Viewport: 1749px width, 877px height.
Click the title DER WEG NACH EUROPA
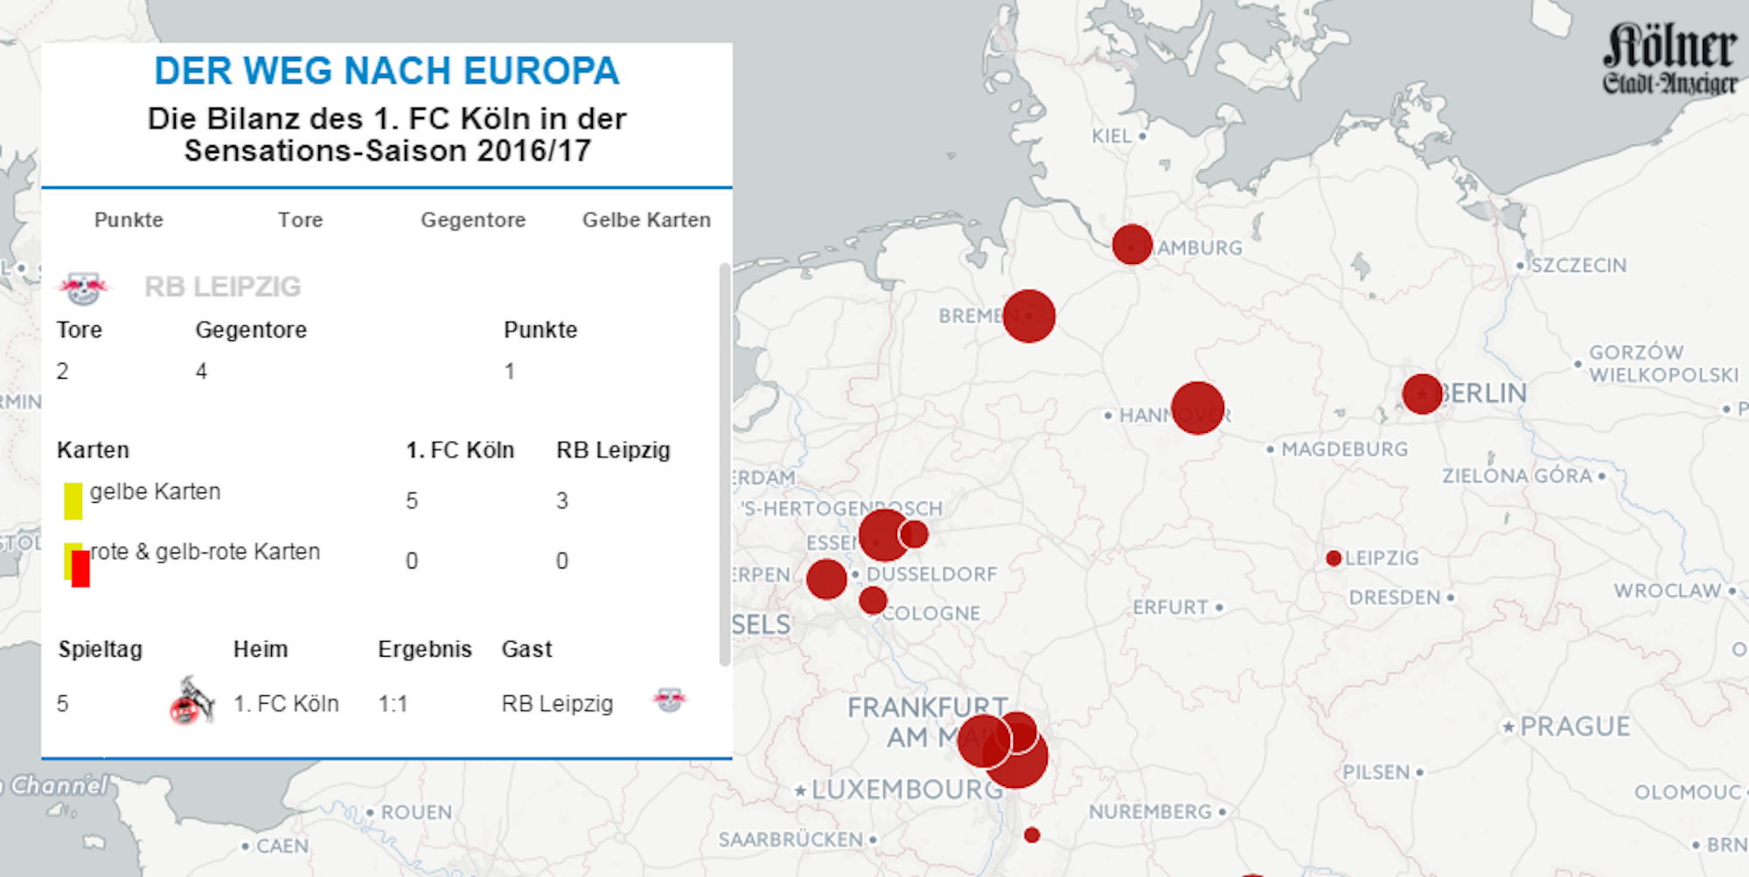[387, 71]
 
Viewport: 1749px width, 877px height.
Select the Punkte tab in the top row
[129, 219]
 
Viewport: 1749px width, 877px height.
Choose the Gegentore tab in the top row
[473, 219]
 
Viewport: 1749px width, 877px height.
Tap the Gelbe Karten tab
[646, 219]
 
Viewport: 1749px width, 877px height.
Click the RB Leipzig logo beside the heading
[83, 287]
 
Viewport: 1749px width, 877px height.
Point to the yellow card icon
[73, 500]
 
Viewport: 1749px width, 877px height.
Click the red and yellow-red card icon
[77, 564]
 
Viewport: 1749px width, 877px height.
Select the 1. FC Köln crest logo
[192, 701]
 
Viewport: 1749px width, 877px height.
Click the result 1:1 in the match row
[394, 704]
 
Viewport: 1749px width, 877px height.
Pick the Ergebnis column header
[425, 649]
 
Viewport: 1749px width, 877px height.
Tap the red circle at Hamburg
[1132, 244]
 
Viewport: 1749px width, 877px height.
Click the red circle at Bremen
[1029, 316]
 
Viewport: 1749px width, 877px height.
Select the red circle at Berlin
[1422, 393]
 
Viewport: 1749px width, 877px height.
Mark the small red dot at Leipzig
[1334, 558]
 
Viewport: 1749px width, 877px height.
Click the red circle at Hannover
[1197, 407]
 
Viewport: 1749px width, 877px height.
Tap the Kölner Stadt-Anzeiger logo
[1669, 58]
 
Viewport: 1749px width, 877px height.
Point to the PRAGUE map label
[1575, 727]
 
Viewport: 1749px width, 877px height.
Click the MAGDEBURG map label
[1344, 449]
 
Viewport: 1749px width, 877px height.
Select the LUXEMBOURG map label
[907, 790]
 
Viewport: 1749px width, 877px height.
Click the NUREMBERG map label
[1150, 811]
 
